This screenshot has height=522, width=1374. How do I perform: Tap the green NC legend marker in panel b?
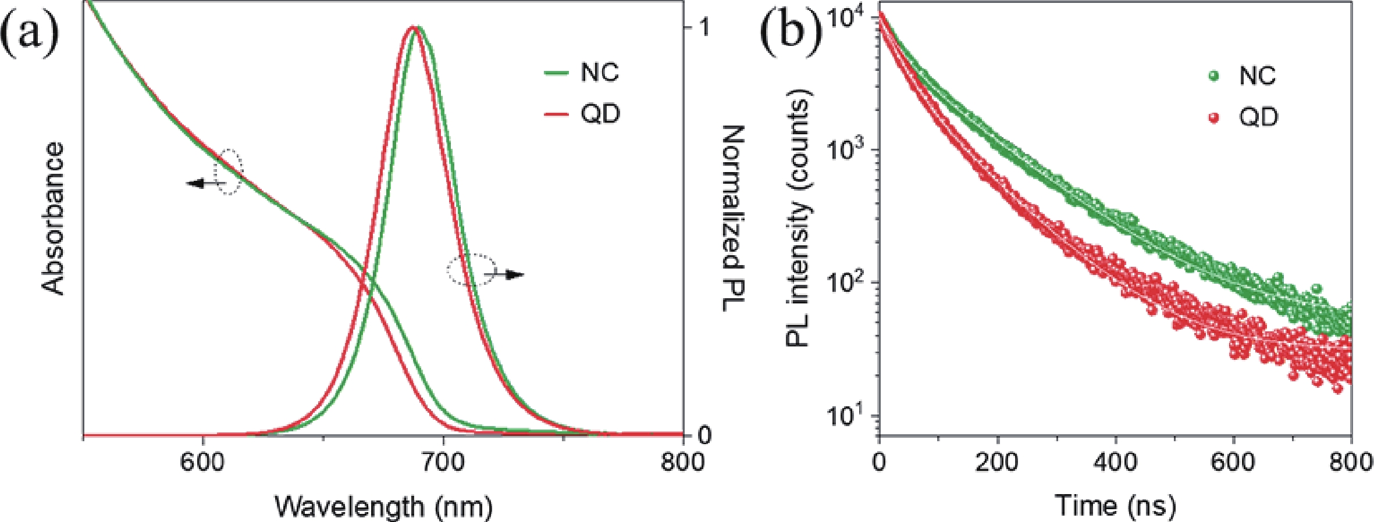[1213, 76]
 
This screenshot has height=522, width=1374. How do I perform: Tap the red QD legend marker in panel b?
[1213, 117]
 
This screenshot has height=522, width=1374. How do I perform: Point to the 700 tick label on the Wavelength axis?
[443, 463]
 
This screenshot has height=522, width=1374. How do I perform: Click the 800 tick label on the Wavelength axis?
[682, 463]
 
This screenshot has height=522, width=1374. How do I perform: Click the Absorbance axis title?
[54, 219]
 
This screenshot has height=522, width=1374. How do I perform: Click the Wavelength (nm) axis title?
[383, 506]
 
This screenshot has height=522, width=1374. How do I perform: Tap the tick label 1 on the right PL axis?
[706, 28]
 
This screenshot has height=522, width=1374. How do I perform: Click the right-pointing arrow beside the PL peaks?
[512, 274]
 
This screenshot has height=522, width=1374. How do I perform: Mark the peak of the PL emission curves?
[414, 27]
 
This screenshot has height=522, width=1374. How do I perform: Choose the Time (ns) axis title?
[1115, 506]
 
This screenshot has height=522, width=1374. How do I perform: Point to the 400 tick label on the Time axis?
[1115, 463]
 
